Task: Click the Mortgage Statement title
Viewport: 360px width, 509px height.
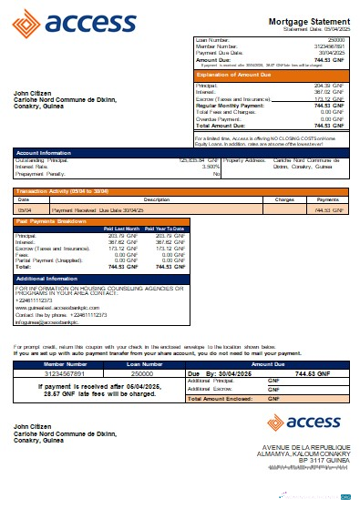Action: (x=311, y=21)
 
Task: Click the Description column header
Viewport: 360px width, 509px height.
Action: (x=157, y=199)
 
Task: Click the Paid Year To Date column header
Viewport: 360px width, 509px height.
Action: (x=165, y=228)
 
